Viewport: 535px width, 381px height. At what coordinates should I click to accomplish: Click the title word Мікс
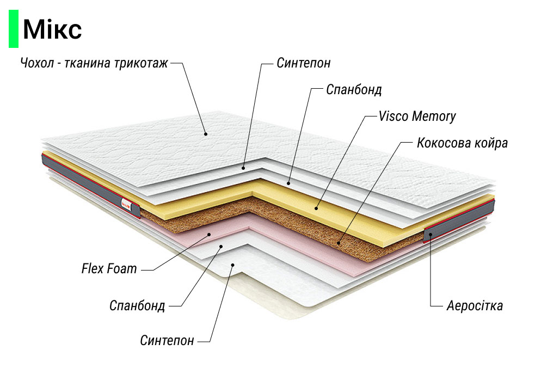tap(52, 29)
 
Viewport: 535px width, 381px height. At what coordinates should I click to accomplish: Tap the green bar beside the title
tap(13, 29)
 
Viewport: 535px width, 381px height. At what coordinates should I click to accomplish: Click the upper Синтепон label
tap(303, 63)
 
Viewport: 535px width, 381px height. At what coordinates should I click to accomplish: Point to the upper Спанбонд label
tap(354, 89)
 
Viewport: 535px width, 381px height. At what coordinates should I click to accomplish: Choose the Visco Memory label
tap(417, 116)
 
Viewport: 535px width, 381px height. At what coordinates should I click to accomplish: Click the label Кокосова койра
tap(462, 143)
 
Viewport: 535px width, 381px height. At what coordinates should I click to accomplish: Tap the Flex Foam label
tap(109, 268)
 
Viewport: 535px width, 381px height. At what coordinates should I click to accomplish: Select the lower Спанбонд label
tap(137, 305)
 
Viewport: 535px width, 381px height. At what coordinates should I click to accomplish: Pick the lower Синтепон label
tap(167, 341)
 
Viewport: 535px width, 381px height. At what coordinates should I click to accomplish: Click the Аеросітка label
tap(474, 305)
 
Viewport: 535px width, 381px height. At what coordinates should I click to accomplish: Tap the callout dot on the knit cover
tap(206, 133)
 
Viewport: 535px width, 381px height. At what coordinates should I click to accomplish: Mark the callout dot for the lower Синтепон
tap(232, 265)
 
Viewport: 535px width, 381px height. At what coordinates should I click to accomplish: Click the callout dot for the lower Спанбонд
tap(221, 247)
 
